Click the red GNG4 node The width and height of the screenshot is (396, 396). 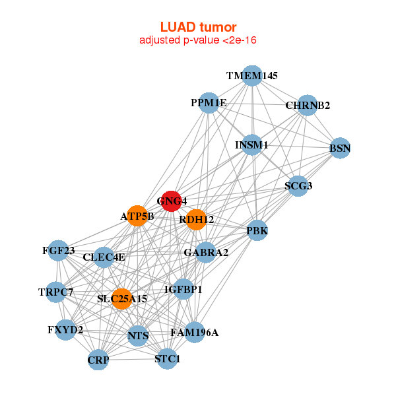[172, 201]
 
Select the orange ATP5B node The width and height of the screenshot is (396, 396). [137, 216]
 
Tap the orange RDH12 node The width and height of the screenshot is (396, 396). [196, 219]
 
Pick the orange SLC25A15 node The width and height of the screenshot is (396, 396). [121, 299]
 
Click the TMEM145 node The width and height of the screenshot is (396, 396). [251, 75]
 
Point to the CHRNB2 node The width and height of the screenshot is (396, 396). [307, 105]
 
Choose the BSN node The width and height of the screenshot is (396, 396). [340, 148]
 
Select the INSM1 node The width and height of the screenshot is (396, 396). [251, 145]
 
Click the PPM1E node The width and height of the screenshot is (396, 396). [209, 103]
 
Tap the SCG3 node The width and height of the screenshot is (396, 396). [298, 186]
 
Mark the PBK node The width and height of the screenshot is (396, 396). [257, 230]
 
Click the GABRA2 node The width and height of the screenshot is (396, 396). [206, 252]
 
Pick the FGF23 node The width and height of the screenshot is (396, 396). [58, 250]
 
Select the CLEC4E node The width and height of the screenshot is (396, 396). [104, 257]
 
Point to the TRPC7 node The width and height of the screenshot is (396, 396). [55, 292]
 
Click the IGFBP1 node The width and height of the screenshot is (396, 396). [183, 289]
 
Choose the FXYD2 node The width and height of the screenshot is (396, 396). [65, 329]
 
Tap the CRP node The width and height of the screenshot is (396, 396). [98, 360]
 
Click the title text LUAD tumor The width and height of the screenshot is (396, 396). [198, 27]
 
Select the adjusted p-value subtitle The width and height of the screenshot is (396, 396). [198, 40]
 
